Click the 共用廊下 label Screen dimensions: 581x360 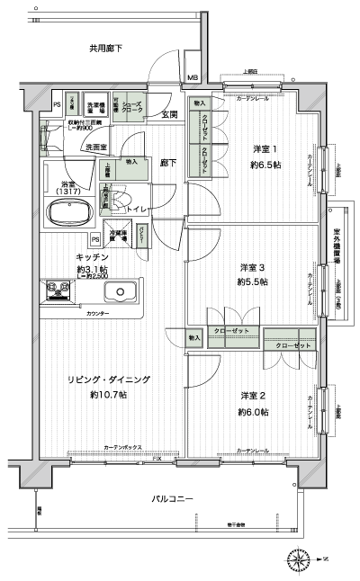click(105, 48)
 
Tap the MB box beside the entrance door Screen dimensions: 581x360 click(193, 77)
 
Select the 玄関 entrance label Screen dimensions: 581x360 click(169, 115)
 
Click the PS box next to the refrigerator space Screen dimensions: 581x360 click(94, 239)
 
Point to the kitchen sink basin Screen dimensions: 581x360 click(119, 292)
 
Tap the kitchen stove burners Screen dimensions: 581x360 click(58, 290)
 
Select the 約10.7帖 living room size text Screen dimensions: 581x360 click(108, 395)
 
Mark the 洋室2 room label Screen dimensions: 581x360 click(253, 397)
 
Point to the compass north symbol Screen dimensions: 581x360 click(299, 562)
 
